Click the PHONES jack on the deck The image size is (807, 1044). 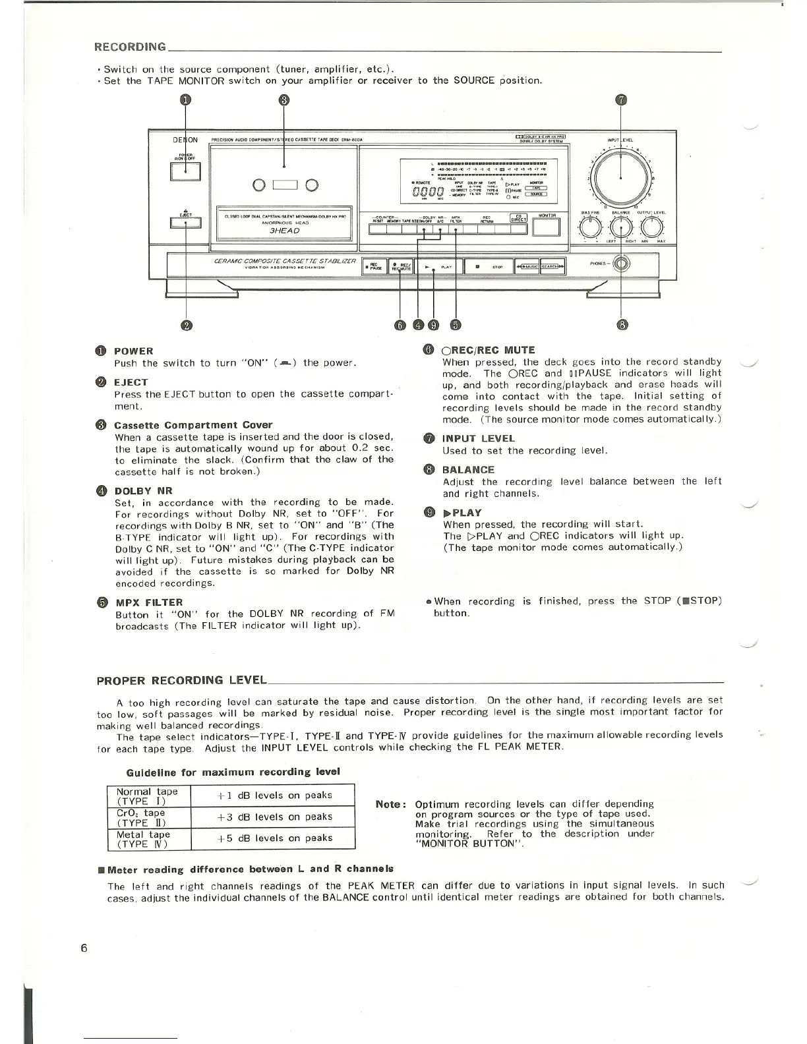coord(621,265)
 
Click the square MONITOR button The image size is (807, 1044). coord(546,227)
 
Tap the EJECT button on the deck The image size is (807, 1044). coord(186,223)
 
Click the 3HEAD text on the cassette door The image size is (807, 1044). coord(285,231)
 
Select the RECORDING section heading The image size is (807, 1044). coord(131,47)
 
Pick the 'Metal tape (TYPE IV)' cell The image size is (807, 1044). coord(148,838)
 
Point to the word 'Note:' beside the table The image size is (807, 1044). coord(389,804)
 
